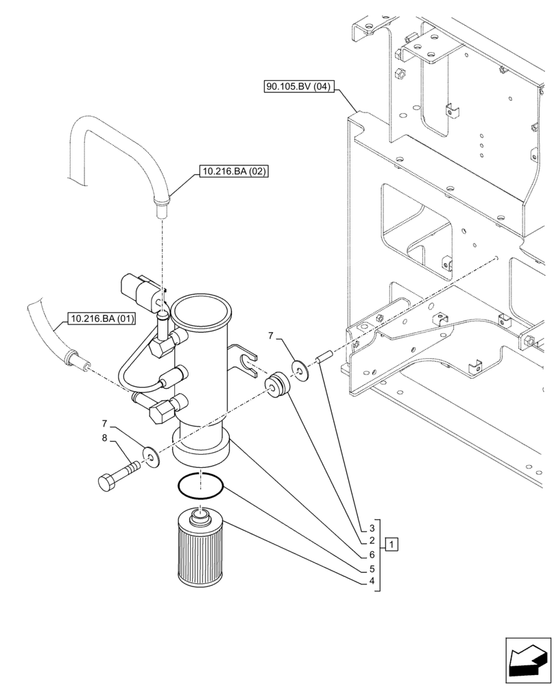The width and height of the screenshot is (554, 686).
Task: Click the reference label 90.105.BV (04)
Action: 299,87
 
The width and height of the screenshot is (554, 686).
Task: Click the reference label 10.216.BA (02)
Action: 234,171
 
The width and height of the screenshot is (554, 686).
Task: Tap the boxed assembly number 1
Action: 390,545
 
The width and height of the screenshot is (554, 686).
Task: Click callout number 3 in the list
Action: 371,528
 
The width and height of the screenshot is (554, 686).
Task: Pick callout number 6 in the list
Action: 371,554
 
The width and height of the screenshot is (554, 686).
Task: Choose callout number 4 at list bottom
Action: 371,581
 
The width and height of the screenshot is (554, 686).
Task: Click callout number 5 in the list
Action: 371,568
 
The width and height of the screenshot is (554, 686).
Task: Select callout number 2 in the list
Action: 371,541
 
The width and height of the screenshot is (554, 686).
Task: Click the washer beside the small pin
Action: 300,368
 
